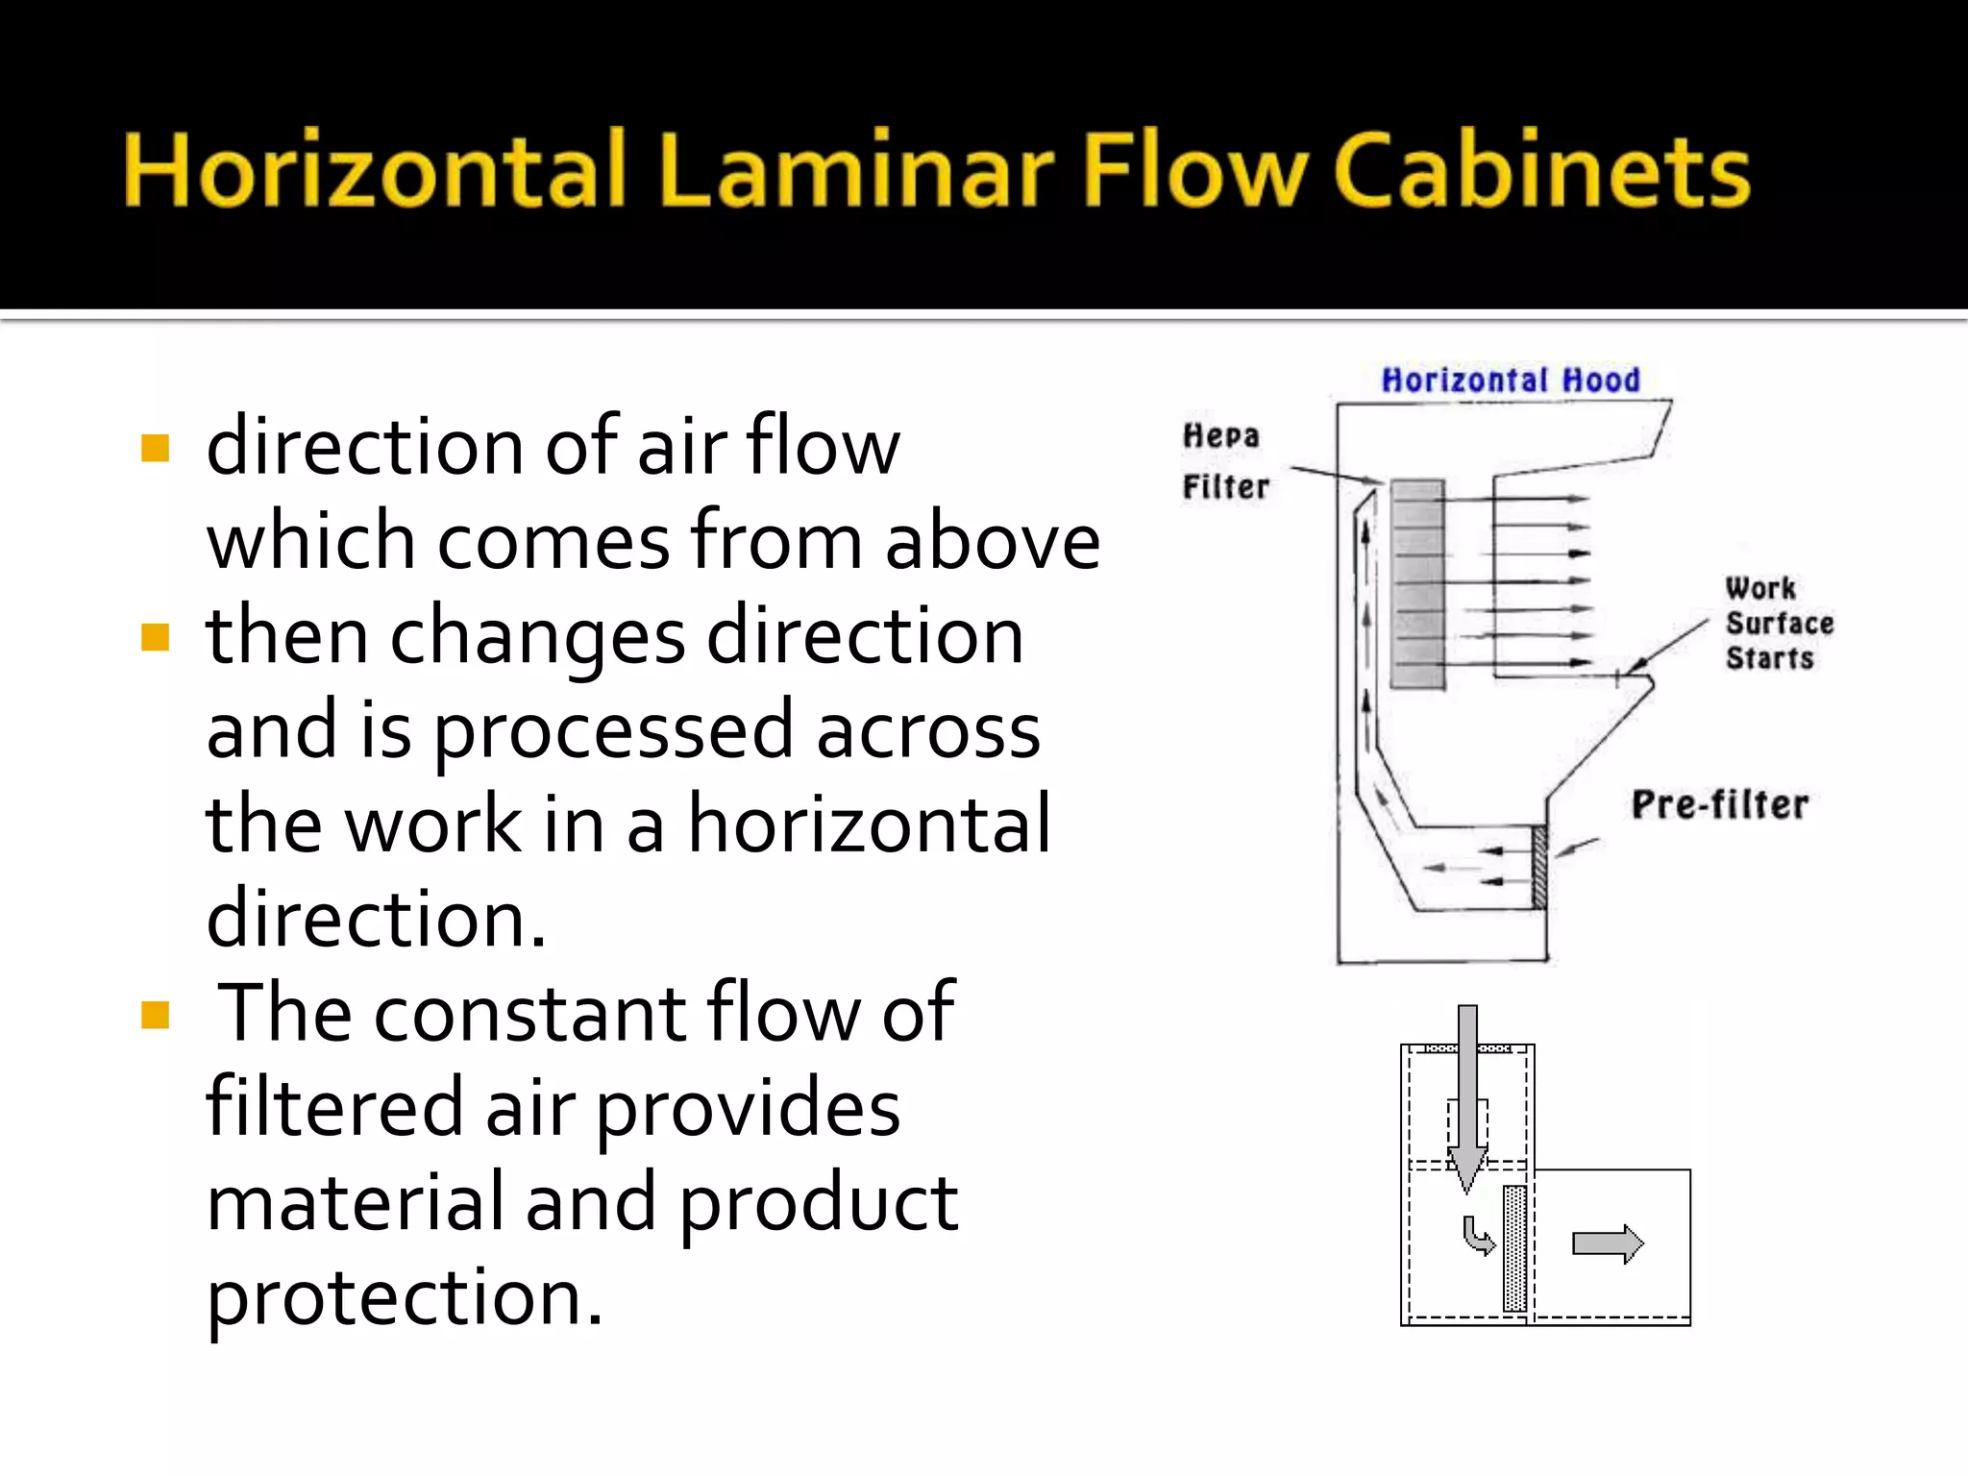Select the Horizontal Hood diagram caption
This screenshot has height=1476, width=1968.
[x=1511, y=381]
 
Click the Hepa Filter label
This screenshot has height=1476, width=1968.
[x=1224, y=461]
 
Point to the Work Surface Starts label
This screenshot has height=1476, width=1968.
[x=1778, y=624]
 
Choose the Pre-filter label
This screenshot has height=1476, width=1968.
[x=1720, y=804]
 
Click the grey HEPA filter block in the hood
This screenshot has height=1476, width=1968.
[x=1417, y=583]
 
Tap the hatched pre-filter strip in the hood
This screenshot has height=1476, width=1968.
[x=1539, y=867]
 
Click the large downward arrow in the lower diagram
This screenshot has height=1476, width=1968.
[x=1467, y=1095]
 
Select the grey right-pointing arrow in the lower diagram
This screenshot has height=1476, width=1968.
[x=1608, y=1244]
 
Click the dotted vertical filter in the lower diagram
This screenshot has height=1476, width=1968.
[x=1515, y=1247]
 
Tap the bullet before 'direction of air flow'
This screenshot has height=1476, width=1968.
[x=155, y=449]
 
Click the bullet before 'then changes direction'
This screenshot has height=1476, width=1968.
[x=155, y=637]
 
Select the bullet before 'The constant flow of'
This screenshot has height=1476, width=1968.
[x=155, y=1015]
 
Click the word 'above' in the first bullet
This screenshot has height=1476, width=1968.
[x=992, y=541]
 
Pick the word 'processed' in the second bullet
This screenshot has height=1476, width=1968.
[x=613, y=731]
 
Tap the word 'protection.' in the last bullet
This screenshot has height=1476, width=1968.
[x=405, y=1297]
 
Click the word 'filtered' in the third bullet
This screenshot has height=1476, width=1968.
[x=334, y=1107]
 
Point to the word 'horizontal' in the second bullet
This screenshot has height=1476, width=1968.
[x=869, y=824]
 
